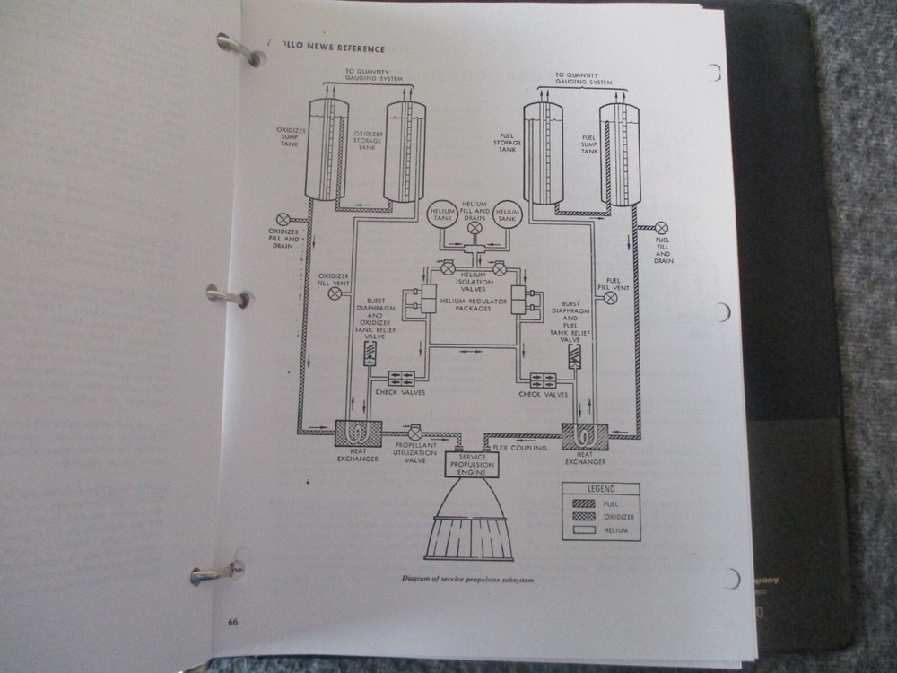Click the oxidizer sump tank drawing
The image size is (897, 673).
[x=328, y=150]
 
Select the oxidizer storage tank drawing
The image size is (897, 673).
[x=405, y=152]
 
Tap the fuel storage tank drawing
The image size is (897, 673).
[x=543, y=154]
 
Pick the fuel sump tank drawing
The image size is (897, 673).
[x=620, y=154]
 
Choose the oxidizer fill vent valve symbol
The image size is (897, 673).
[x=335, y=293]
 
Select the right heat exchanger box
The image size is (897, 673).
[x=585, y=437]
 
